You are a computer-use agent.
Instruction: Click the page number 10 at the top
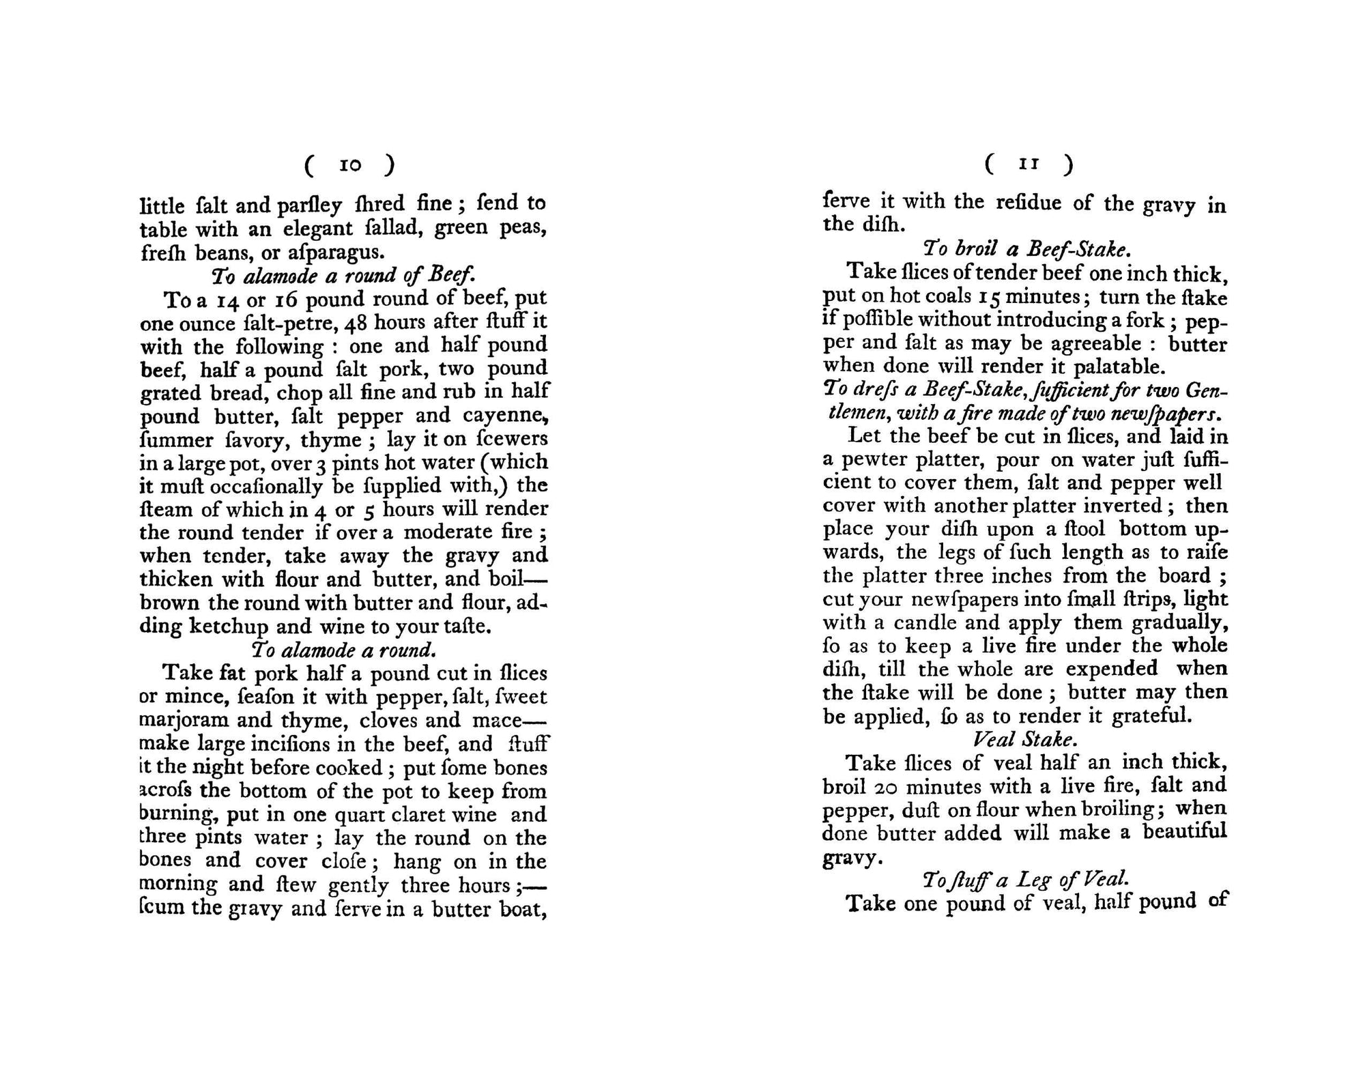click(x=350, y=165)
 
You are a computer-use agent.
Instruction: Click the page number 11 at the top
click(x=1029, y=164)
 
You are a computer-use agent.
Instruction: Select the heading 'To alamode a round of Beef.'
click(x=343, y=276)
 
